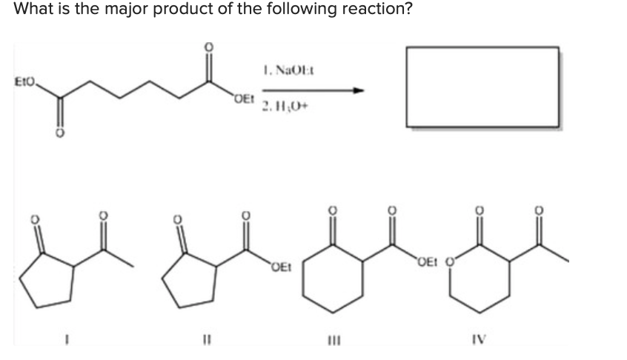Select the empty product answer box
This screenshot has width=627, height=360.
482,87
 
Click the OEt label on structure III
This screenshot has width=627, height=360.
427,260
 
